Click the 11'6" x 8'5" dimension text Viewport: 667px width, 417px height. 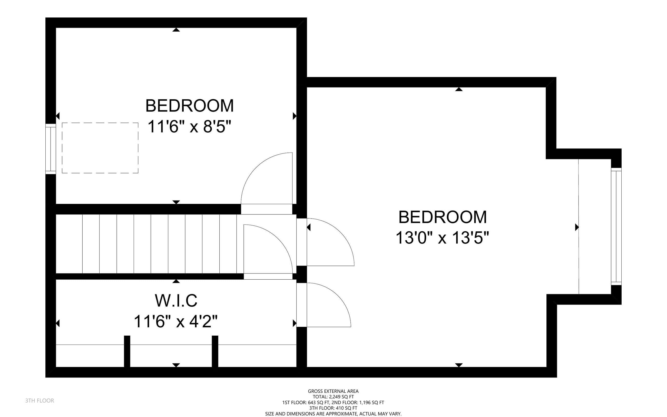189,127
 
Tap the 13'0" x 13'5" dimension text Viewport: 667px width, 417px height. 442,238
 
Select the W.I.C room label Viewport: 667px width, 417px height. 176,301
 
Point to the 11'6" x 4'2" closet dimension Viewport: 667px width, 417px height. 175,321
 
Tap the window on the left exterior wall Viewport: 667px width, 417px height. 51,149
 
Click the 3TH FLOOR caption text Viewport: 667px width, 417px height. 40,401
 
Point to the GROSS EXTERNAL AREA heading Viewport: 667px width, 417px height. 333,391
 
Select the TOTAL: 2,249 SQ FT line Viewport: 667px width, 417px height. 333,397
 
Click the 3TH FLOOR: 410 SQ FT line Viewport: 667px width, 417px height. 333,408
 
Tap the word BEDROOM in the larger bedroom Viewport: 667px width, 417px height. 443,217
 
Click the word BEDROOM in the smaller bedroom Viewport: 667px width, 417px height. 190,106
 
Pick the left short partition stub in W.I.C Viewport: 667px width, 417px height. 127,351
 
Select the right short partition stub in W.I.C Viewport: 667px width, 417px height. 215,351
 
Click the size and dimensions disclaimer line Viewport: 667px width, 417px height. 333,414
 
